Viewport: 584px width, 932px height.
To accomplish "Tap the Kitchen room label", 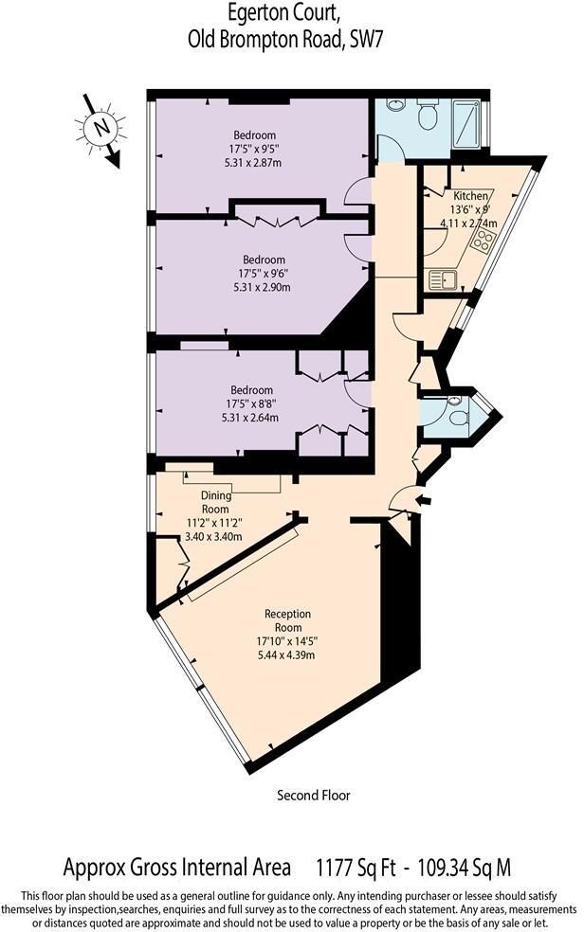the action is [470, 195].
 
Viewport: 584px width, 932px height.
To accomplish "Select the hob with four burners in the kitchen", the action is [483, 242].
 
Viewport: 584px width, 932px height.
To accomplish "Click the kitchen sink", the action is [443, 280].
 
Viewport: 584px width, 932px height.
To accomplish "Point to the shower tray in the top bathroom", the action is [466, 124].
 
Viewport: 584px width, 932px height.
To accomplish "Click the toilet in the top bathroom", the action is [428, 114].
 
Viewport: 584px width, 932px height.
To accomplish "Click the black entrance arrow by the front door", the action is [425, 500].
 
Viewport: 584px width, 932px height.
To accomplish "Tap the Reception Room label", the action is [288, 620].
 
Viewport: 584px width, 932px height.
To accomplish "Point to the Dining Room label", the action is [215, 502].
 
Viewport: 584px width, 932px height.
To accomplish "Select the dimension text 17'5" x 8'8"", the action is [251, 403].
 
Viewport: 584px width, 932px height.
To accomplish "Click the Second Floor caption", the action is [314, 795].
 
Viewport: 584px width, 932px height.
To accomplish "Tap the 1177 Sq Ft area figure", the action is [356, 868].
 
